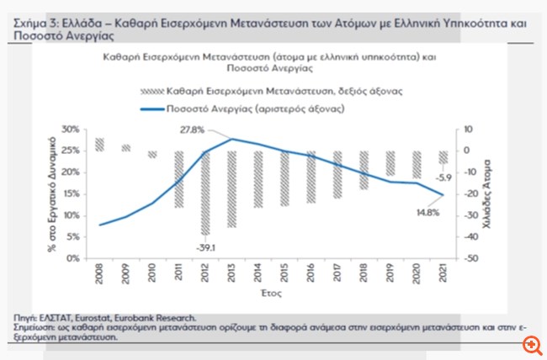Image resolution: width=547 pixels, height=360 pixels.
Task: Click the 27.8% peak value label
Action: pos(192,131)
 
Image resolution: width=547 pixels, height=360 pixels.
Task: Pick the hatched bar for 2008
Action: pos(100,144)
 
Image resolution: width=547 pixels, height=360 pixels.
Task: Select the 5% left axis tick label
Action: pos(72,237)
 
